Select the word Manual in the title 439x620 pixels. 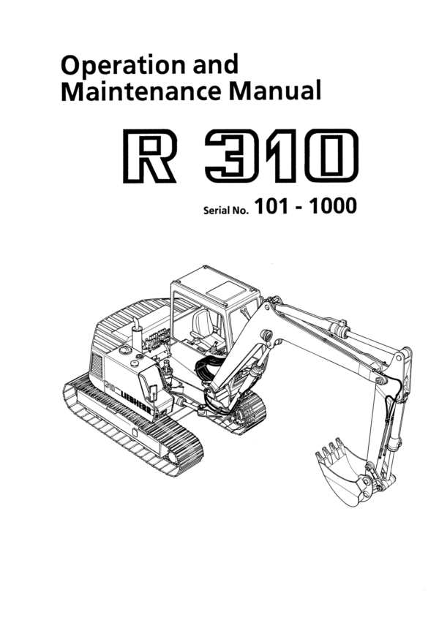click(x=275, y=93)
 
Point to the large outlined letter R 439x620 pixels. click(x=149, y=155)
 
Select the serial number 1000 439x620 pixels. click(x=333, y=207)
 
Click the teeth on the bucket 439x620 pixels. click(x=328, y=448)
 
